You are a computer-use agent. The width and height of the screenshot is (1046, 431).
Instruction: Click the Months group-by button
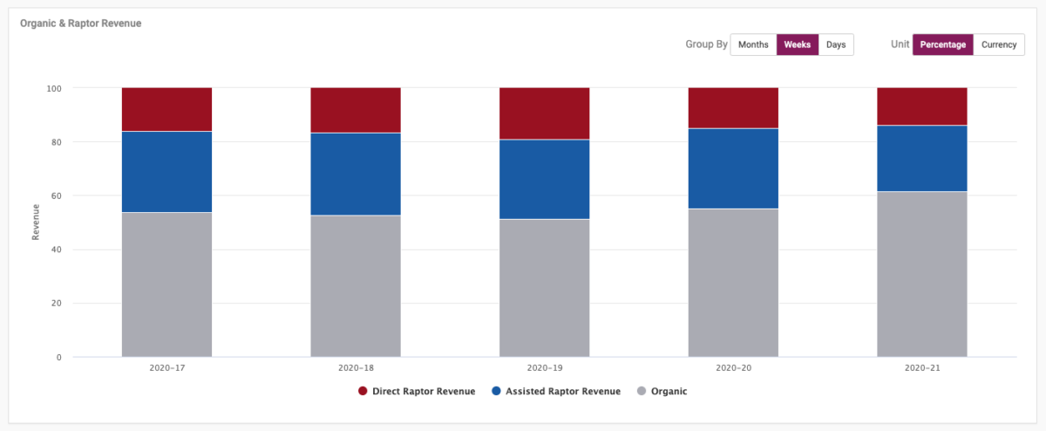753,44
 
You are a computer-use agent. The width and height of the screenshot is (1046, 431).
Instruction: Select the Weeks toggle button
798,44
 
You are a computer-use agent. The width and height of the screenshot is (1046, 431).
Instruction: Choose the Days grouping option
836,44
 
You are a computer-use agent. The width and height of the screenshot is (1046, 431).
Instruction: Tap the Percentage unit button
942,44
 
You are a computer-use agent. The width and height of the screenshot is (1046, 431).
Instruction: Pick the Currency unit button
999,44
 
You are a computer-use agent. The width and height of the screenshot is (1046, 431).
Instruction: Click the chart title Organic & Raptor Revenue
81,24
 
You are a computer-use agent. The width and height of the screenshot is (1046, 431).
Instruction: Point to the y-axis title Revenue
36,222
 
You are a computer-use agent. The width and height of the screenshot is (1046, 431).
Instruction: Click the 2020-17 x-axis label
166,369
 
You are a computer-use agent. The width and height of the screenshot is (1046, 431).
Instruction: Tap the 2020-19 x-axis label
544,369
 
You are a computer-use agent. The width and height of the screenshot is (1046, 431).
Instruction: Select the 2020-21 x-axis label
921,369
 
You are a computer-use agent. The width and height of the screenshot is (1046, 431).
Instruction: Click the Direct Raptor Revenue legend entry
416,392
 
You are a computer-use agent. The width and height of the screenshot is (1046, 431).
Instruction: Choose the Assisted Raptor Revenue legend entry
555,392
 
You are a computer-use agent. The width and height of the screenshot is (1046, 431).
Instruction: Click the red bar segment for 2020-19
544,113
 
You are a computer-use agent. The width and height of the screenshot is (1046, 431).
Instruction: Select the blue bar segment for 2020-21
921,158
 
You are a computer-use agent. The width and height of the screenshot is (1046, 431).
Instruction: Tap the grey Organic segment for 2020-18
356,285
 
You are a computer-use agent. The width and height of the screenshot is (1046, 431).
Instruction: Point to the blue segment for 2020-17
166,172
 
